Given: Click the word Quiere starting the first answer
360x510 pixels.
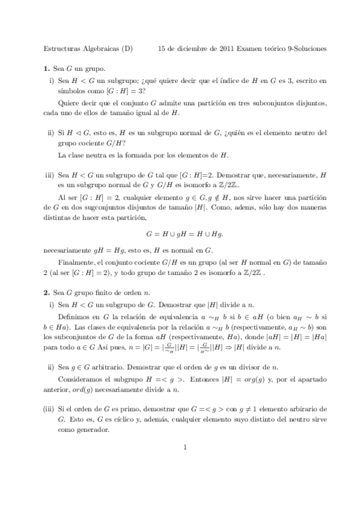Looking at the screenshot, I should pyautogui.click(x=69, y=103).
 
